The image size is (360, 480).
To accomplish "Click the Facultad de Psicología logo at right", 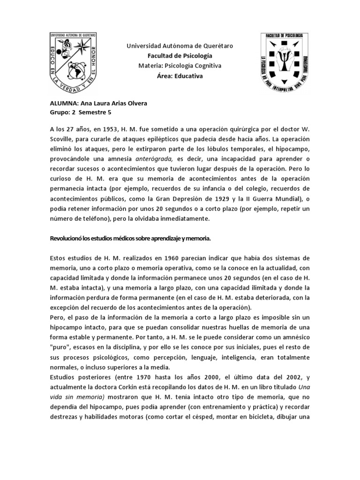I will [x=285, y=63].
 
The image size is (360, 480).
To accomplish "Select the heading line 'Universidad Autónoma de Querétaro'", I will [x=180, y=46].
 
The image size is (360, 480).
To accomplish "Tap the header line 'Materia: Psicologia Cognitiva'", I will [x=180, y=66].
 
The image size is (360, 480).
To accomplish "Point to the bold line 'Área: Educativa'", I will [x=180, y=76].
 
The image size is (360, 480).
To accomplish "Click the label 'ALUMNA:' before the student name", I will [x=65, y=104].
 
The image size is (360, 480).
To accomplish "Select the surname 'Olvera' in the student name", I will [x=136, y=104].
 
